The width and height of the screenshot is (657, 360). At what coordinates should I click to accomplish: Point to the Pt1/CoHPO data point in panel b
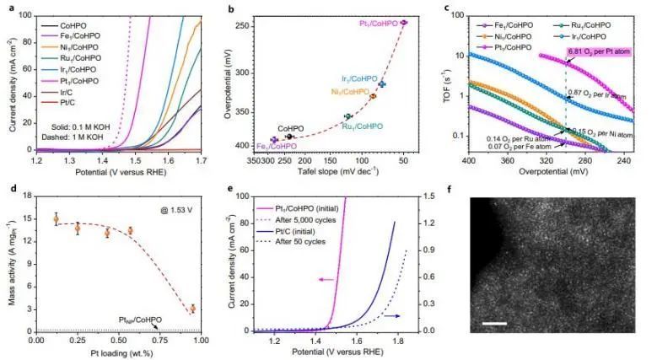[404, 23]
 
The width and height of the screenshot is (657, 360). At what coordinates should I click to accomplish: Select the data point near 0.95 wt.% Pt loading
[192, 309]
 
